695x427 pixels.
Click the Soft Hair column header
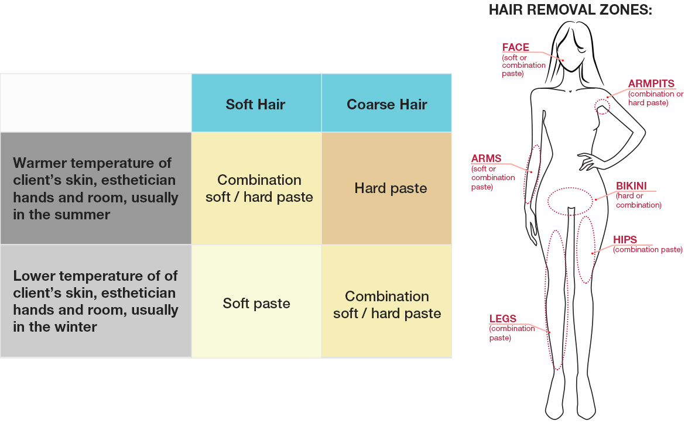point(256,104)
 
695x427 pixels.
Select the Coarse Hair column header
point(386,104)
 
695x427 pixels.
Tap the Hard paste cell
point(391,188)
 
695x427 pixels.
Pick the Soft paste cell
point(256,304)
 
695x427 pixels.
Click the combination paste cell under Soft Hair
point(259,188)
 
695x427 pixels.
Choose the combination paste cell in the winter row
point(387,305)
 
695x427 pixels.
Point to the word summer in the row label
point(84,215)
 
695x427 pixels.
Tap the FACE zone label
point(515,47)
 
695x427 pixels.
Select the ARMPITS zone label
point(651,84)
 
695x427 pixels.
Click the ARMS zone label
point(485,159)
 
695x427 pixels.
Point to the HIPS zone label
point(625,240)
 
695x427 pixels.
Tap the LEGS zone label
point(502,319)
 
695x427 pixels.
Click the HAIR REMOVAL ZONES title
point(570,10)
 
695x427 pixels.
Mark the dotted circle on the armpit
point(602,106)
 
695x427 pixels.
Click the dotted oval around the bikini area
point(570,201)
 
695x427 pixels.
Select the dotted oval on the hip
point(586,249)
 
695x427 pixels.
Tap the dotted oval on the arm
point(532,174)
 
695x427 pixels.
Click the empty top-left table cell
point(96,103)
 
